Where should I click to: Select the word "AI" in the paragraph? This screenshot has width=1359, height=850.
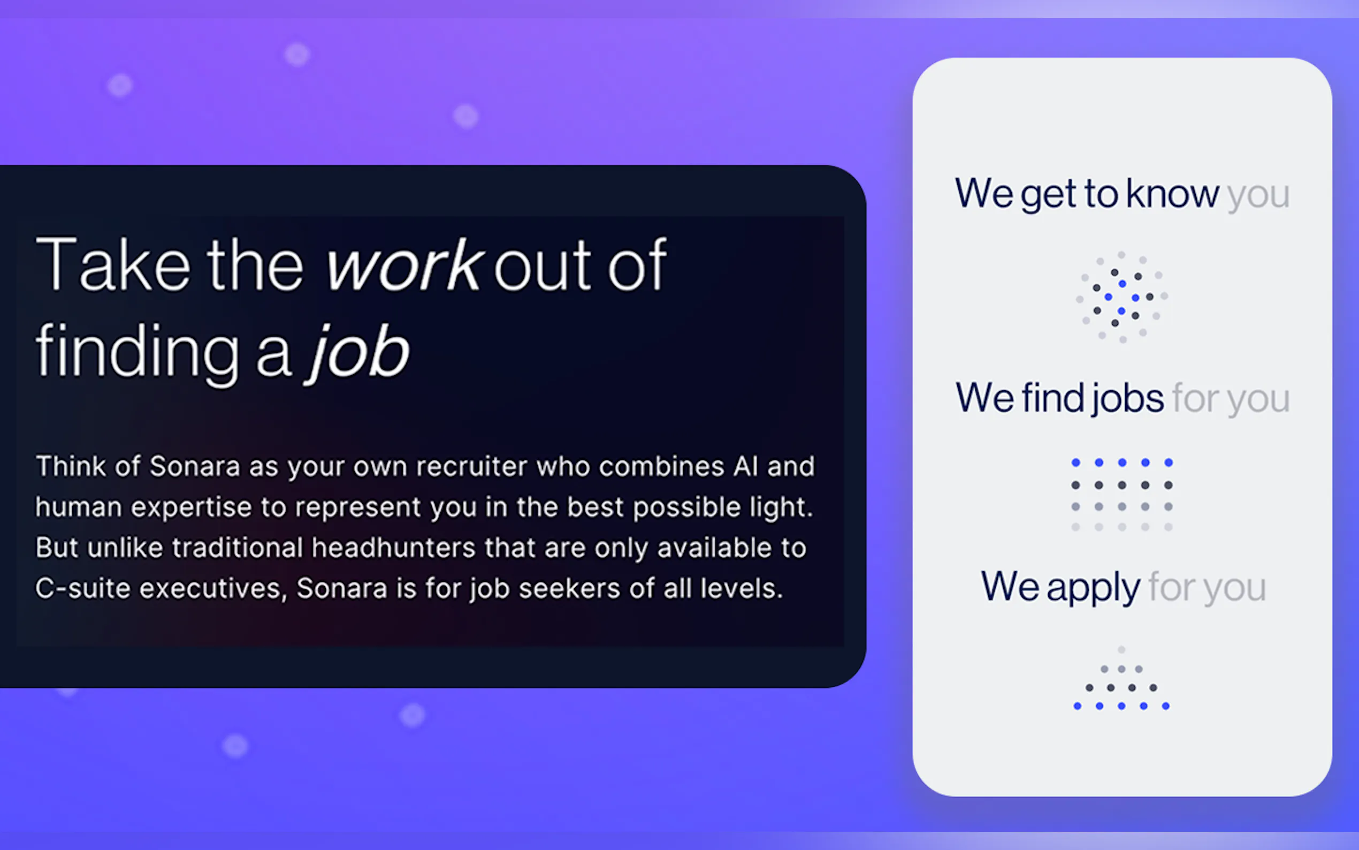(745, 466)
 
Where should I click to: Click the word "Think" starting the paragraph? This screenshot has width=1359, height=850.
(71, 466)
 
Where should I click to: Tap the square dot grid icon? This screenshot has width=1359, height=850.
(1122, 495)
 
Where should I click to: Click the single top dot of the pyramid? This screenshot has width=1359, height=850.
(1121, 649)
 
